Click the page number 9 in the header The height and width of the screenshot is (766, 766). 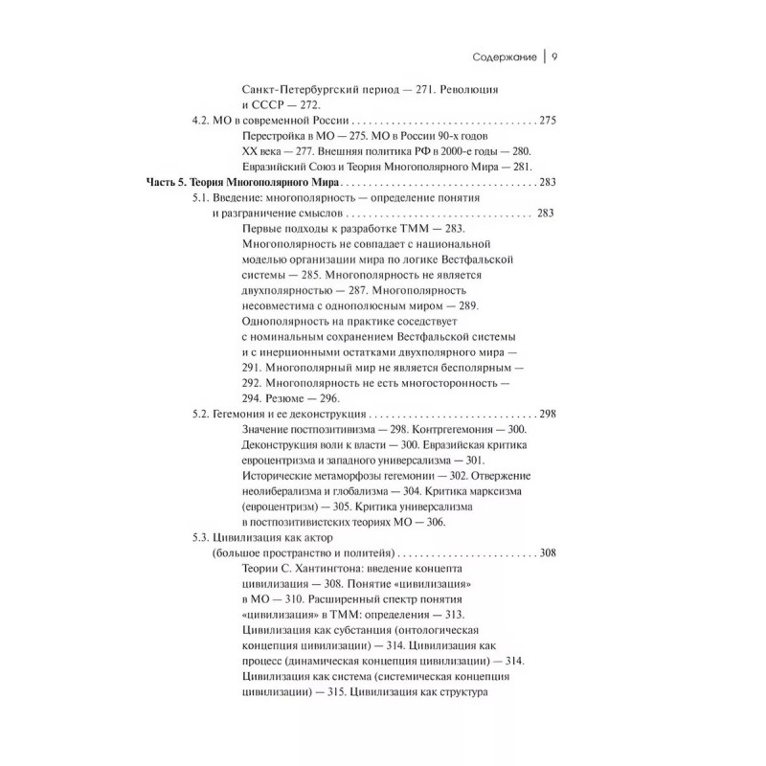point(555,54)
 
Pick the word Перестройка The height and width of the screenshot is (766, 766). point(278,139)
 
